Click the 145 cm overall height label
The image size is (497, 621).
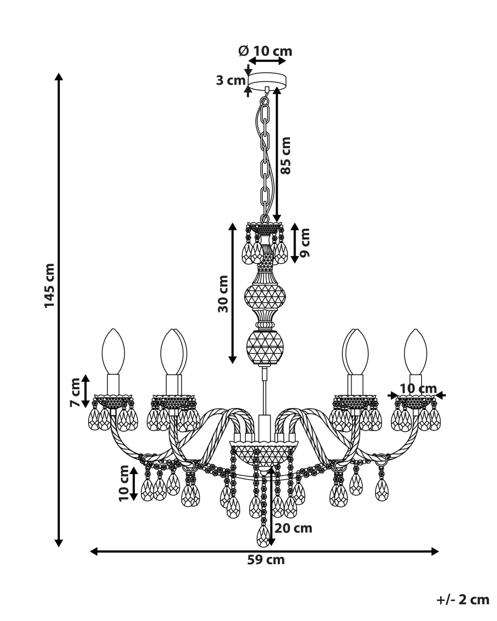(x=49, y=285)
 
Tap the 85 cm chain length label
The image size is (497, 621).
(x=286, y=155)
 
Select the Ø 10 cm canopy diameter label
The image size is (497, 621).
(x=265, y=51)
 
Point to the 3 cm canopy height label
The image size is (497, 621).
(x=230, y=80)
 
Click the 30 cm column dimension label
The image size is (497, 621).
(x=223, y=293)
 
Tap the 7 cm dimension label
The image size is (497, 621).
(x=76, y=392)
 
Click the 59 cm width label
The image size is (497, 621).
(x=266, y=560)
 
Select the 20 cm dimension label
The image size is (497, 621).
(x=293, y=528)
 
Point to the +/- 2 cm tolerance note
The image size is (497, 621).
(x=463, y=599)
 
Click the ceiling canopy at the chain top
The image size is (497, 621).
(x=267, y=80)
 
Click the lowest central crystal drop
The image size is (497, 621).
(x=263, y=536)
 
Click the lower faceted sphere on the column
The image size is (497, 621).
(x=265, y=347)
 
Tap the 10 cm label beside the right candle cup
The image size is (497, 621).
(x=418, y=388)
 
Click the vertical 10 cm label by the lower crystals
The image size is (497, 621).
(x=123, y=483)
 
